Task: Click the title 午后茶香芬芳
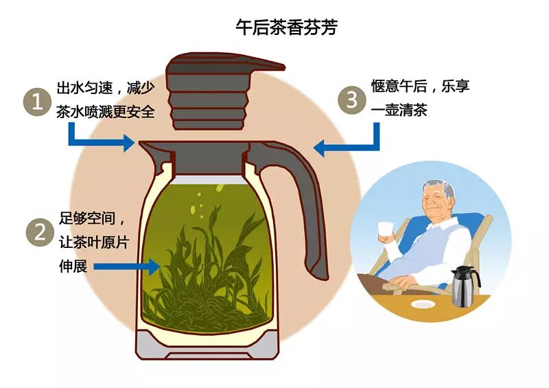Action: (286, 28)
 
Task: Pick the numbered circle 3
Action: (353, 100)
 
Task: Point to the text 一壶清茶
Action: (399, 110)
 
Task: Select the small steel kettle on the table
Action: (465, 286)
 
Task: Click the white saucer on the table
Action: (421, 305)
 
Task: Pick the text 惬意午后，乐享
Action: (420, 87)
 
